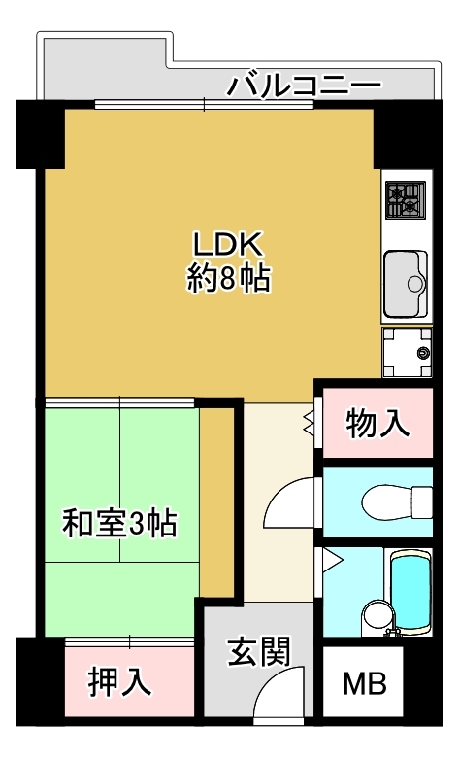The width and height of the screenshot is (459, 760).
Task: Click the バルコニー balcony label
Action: tap(305, 86)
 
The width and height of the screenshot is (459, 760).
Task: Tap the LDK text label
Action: tap(228, 244)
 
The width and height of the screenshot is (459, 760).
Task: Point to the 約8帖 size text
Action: tap(229, 280)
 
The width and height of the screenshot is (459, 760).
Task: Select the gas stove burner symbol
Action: tap(406, 200)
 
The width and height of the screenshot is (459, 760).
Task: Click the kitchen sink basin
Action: tap(406, 284)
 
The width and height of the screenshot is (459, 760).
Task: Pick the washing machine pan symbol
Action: tap(407, 353)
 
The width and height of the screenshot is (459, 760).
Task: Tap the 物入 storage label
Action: tap(377, 423)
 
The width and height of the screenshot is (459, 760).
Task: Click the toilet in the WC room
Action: tap(397, 502)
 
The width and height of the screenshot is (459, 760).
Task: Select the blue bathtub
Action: tap(411, 590)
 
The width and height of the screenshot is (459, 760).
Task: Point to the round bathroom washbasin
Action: tap(377, 615)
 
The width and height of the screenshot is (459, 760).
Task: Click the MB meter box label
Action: tap(365, 683)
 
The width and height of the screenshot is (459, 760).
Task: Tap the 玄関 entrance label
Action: tap(259, 651)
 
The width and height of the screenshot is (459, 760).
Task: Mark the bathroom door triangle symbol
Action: tap(332, 561)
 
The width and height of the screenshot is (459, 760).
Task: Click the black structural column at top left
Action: tap(40, 134)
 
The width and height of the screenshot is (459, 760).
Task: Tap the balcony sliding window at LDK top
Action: tap(204, 104)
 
